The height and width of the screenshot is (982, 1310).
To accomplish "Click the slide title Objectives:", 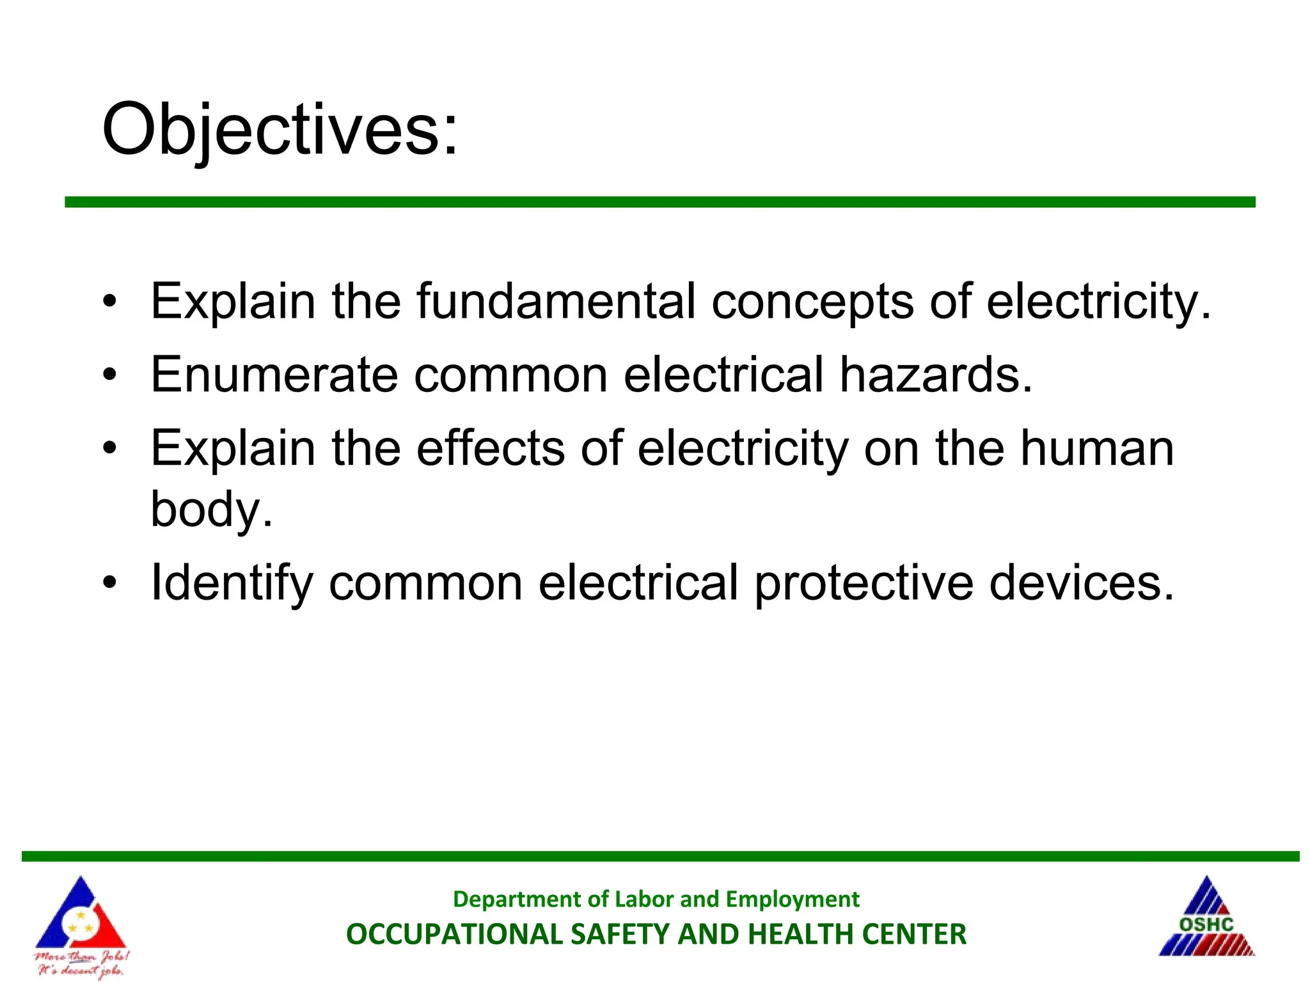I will (x=280, y=130).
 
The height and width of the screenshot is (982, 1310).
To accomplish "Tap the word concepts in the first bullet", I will (x=812, y=302).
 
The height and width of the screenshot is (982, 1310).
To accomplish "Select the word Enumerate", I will (x=274, y=375).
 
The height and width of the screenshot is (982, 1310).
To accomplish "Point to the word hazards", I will (x=935, y=375).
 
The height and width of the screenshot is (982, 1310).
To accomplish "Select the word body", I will (x=211, y=510).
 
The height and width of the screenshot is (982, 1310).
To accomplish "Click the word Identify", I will (x=232, y=583).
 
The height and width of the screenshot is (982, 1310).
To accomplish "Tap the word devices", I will (x=1081, y=583).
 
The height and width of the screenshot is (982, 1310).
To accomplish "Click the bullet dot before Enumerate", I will (x=110, y=375).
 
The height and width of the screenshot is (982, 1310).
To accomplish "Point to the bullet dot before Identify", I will (x=110, y=583).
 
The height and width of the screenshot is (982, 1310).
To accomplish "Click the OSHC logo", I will (x=1206, y=918).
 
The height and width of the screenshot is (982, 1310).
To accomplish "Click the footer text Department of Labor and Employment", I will (x=656, y=899).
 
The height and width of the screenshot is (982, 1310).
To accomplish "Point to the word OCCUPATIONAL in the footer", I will (x=454, y=934).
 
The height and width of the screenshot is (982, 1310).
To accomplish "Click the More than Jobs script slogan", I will (x=81, y=963).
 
